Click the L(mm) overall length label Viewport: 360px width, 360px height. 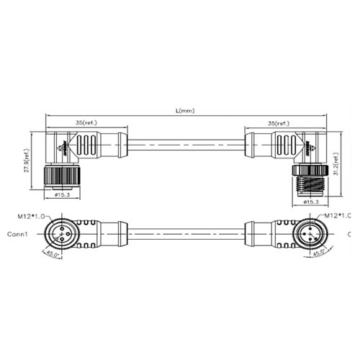(185, 111)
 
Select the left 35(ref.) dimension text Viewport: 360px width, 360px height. (88, 123)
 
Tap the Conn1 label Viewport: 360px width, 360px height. (18, 235)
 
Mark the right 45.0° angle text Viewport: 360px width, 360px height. (317, 253)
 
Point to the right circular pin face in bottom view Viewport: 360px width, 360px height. (309, 233)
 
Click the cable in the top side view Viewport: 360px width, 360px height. (186, 144)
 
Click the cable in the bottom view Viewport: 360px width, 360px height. (186, 233)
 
